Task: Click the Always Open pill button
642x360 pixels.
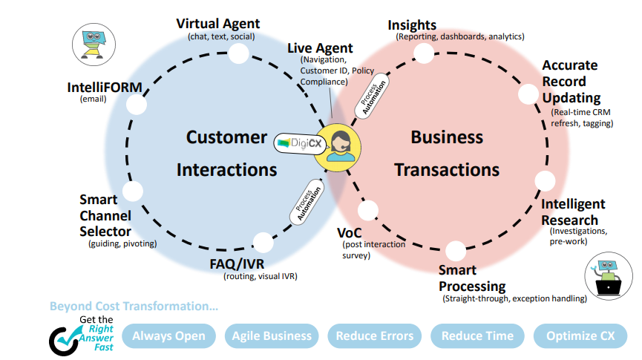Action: [168, 336]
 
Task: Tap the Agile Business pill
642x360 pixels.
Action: [272, 336]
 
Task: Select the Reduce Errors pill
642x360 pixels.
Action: [374, 336]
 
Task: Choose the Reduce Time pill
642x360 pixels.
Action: [477, 336]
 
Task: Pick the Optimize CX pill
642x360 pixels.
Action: [580, 336]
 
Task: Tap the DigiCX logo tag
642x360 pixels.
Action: [297, 141]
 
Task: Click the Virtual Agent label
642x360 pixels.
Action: [217, 24]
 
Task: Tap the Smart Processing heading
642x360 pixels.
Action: [471, 278]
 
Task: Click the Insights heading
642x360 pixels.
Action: [412, 26]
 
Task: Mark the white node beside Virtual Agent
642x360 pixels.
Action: [238, 53]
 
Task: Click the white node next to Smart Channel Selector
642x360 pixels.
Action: [133, 192]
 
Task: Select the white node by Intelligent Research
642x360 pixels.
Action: [545, 181]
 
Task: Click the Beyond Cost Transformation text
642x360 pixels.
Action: [134, 306]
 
